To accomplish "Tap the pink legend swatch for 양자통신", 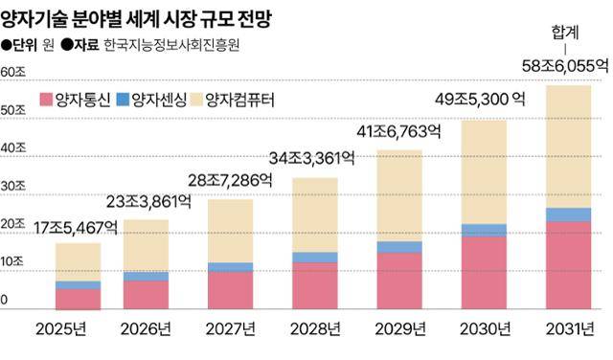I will click(x=46, y=99).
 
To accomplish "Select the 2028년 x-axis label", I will click(x=315, y=330).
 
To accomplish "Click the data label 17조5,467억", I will click(x=77, y=228).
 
